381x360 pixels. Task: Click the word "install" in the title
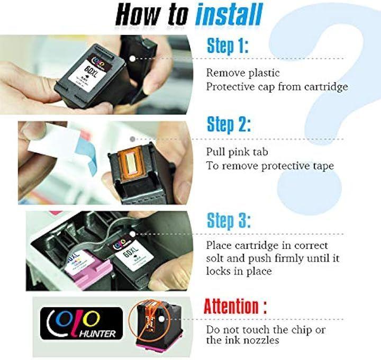tap(229, 14)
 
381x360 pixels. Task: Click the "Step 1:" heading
tap(228, 46)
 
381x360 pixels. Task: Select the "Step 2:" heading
tap(229, 124)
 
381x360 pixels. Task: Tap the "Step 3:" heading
tap(229, 221)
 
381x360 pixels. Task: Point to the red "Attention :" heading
tap(235, 306)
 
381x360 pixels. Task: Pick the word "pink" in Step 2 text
tap(240, 152)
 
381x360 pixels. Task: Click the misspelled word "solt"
tap(214, 258)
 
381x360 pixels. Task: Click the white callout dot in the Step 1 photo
tap(132, 59)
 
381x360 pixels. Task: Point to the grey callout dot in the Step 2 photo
tap(132, 139)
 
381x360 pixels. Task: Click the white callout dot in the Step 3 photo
tap(132, 234)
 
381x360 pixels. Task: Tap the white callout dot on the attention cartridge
tap(160, 319)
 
